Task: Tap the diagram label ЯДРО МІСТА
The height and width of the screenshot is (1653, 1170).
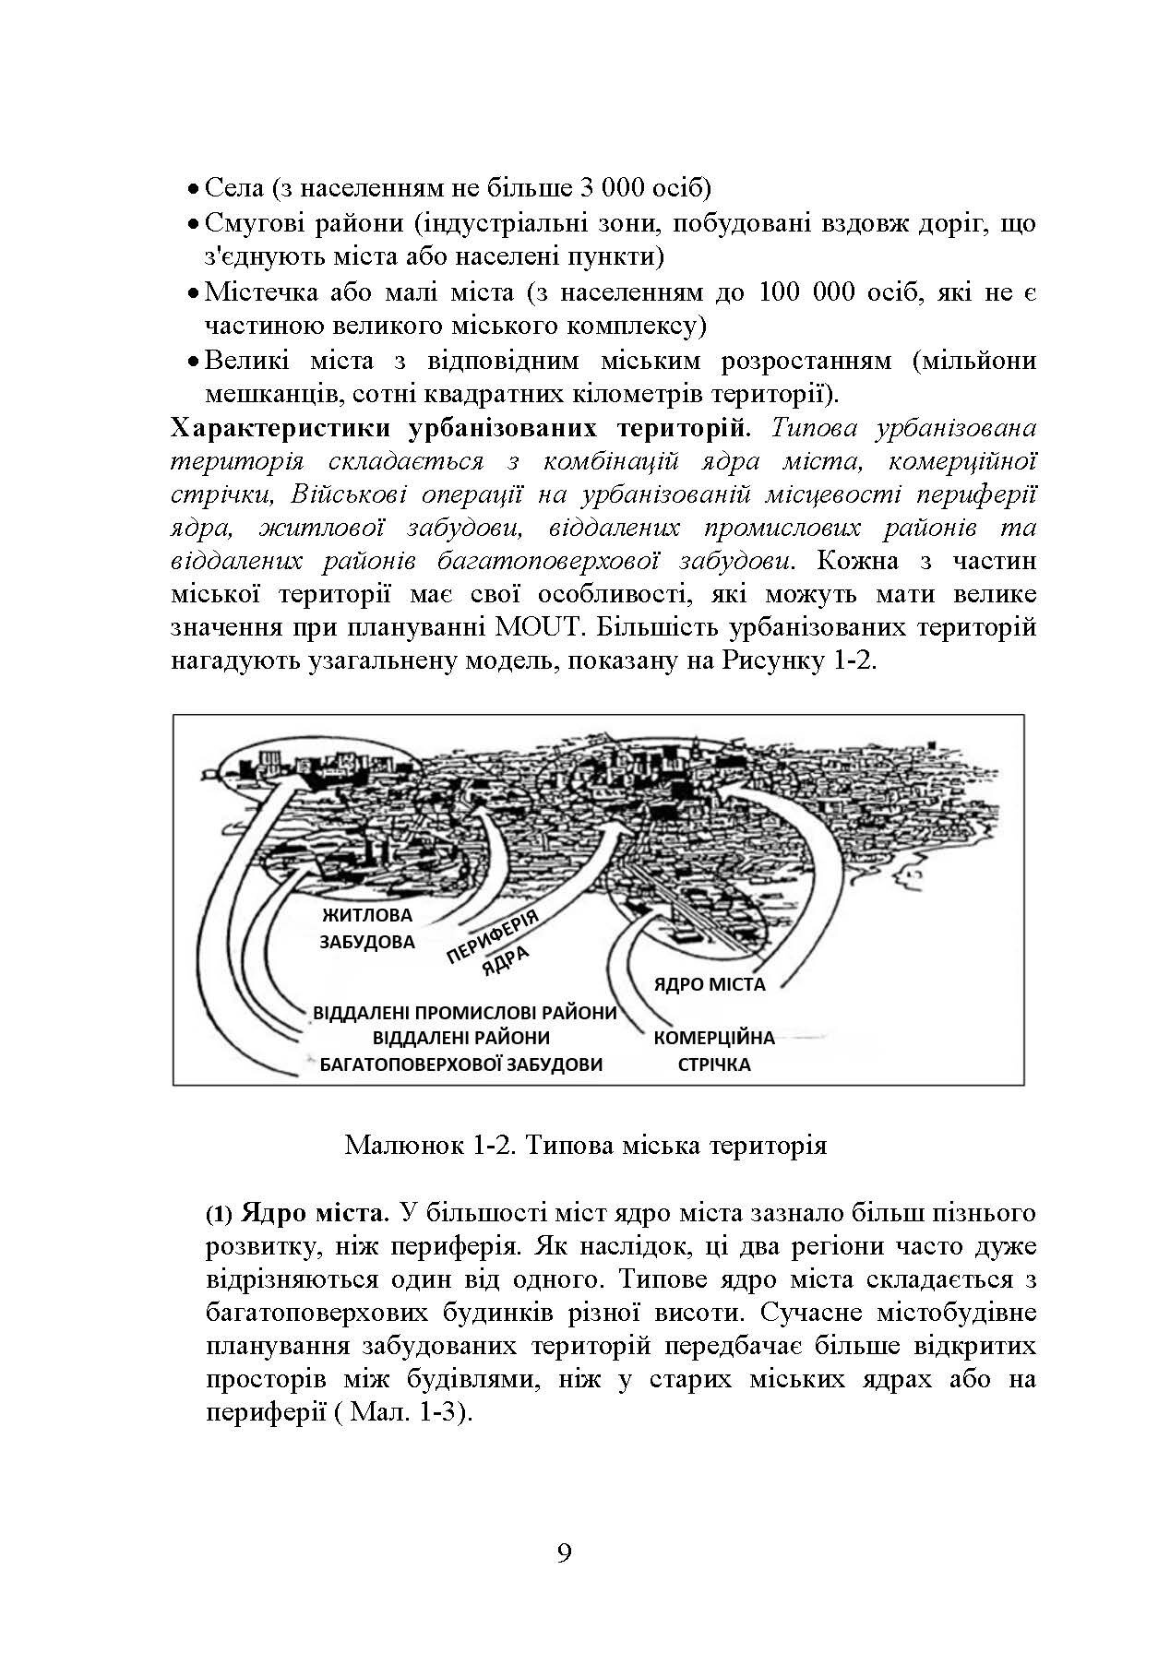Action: [709, 984]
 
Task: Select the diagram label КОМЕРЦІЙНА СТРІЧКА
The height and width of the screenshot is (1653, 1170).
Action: [713, 1051]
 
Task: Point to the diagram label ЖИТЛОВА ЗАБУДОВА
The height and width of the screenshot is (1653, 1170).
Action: [366, 929]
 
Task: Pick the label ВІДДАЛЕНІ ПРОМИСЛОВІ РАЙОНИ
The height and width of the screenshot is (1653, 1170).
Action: [464, 1012]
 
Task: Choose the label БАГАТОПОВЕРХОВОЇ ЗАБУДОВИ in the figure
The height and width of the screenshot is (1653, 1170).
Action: [460, 1064]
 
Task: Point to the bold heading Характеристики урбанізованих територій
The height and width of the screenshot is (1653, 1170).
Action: [461, 429]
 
